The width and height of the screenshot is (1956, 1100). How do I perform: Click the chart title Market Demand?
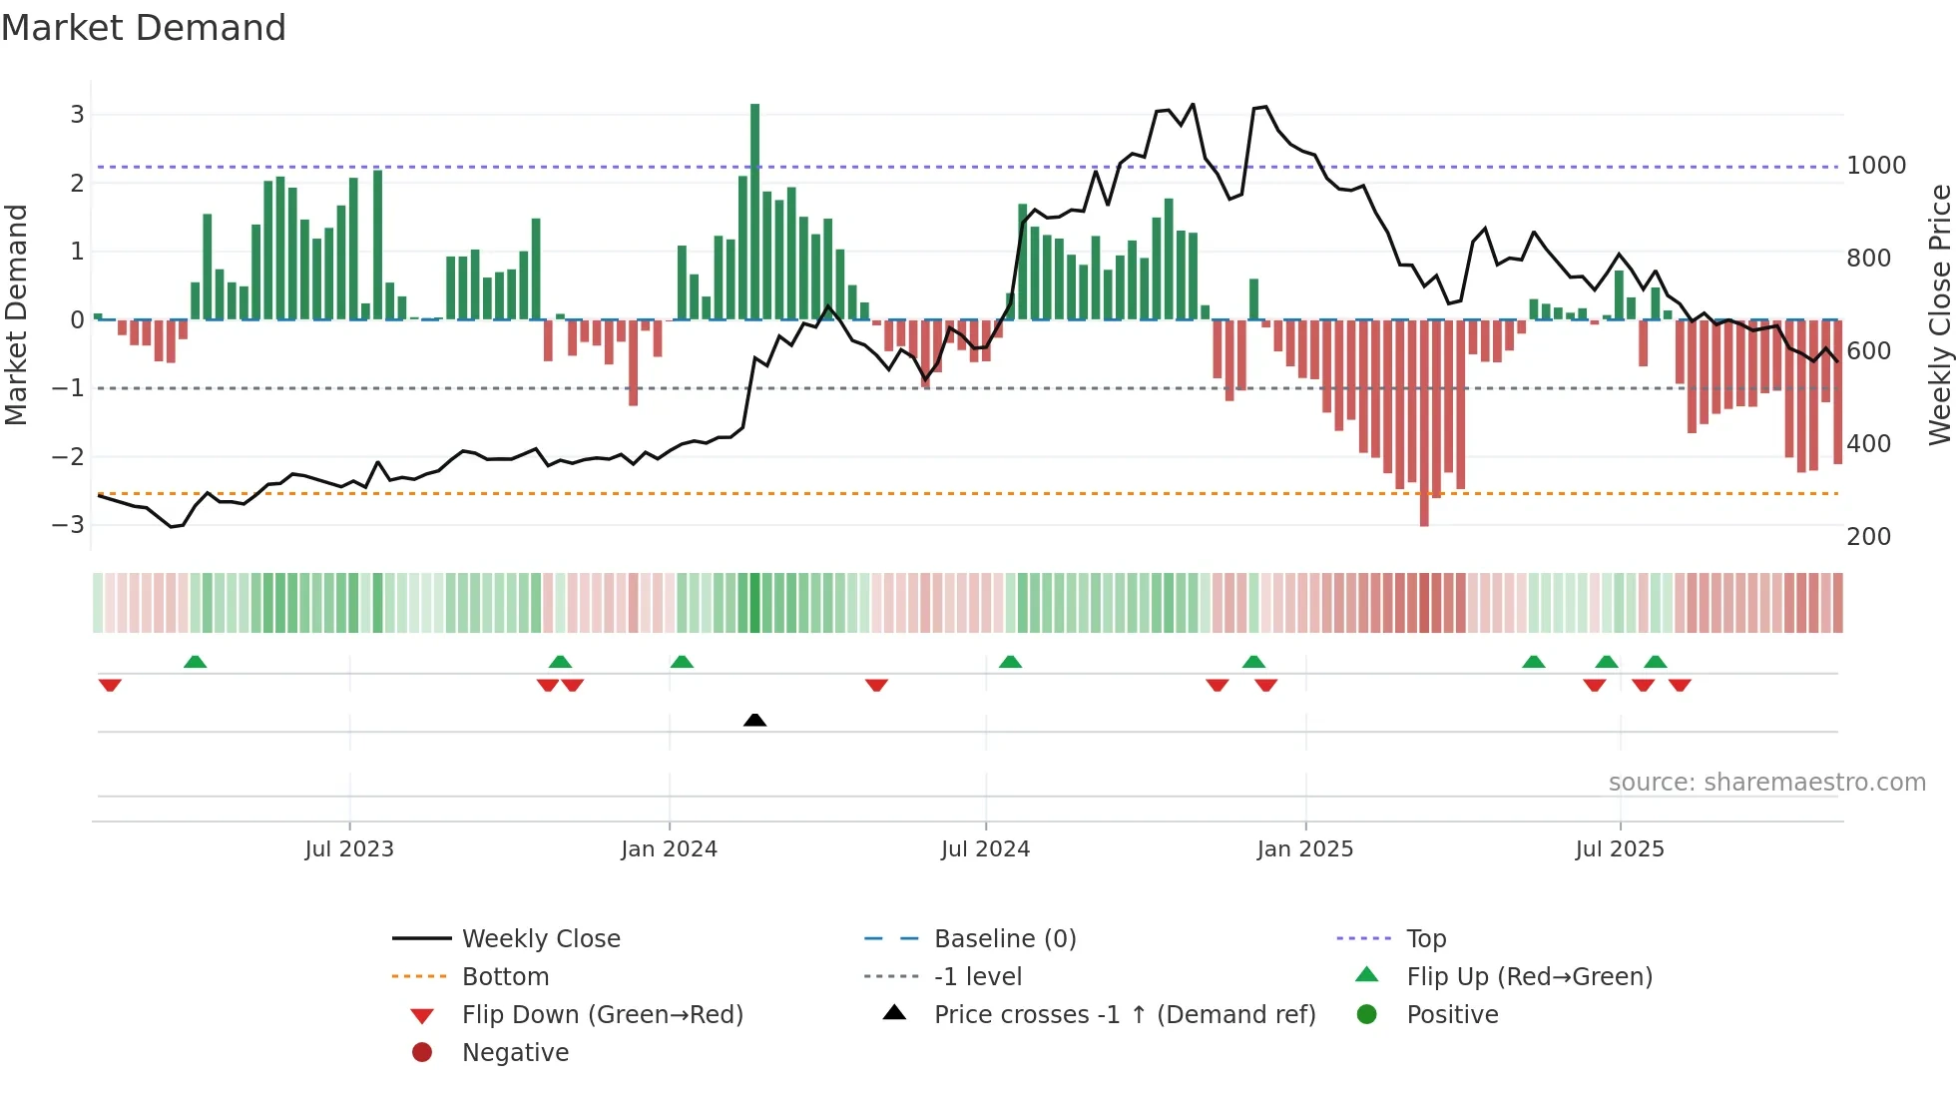click(144, 28)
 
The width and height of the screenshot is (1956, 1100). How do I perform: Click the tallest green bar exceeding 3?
click(754, 210)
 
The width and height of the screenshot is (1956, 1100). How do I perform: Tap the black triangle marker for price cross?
click(754, 720)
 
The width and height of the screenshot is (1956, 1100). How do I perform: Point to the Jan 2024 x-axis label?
click(669, 849)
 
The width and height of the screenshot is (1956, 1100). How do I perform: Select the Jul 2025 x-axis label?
click(1620, 849)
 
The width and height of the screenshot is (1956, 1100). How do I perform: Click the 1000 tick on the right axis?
click(1876, 166)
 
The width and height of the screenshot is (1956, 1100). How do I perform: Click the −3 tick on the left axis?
click(68, 525)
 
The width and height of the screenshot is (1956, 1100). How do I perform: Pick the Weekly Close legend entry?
click(540, 939)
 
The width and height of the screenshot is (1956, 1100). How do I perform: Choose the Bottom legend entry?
click(505, 977)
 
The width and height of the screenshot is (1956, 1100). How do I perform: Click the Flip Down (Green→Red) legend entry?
click(602, 1015)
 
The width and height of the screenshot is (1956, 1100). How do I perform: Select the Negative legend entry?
click(515, 1053)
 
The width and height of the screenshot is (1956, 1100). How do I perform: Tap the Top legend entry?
click(1426, 939)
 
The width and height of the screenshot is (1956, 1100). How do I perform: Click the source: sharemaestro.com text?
click(1766, 783)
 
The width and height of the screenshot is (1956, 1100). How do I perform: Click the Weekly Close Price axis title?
click(1939, 314)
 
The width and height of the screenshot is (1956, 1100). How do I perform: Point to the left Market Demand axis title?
click(17, 314)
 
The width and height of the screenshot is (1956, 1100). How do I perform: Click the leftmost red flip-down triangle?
click(110, 685)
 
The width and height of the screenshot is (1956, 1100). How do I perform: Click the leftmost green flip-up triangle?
click(196, 662)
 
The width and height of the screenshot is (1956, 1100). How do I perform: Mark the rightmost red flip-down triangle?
click(1680, 685)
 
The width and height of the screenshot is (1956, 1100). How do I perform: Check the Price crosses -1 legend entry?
click(1124, 1015)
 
